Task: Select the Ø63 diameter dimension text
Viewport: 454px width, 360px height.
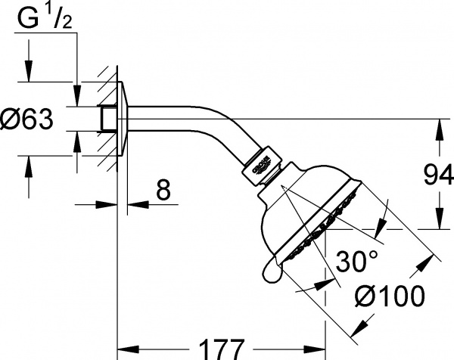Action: (x=27, y=119)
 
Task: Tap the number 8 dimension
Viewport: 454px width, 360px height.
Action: (x=163, y=190)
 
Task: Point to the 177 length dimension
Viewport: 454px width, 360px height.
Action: (x=222, y=349)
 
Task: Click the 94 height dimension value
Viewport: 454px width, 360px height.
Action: (x=438, y=175)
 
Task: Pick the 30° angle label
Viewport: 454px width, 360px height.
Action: (x=357, y=262)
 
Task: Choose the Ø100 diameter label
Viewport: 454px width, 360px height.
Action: (x=390, y=296)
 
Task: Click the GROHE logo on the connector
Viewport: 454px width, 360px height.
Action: (x=262, y=166)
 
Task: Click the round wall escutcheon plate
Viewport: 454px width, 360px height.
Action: (x=122, y=119)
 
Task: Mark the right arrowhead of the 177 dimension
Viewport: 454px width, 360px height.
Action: (x=315, y=349)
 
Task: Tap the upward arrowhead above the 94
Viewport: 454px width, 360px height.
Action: (x=440, y=130)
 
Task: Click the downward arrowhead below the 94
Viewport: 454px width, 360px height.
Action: (x=440, y=219)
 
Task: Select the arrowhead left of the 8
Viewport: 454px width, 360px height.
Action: (x=106, y=205)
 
